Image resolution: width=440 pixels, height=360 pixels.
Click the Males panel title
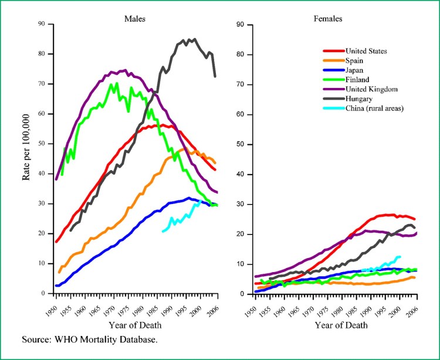click(x=134, y=18)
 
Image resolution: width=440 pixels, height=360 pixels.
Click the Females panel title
click(x=329, y=18)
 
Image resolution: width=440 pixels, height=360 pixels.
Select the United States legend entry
click(x=367, y=51)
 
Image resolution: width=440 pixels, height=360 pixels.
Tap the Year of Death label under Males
click(x=135, y=325)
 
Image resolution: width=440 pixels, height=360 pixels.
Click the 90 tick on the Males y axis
click(x=41, y=24)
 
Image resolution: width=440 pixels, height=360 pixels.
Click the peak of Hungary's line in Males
click(x=194, y=39)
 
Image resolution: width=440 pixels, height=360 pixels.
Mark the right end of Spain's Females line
click(x=414, y=277)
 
